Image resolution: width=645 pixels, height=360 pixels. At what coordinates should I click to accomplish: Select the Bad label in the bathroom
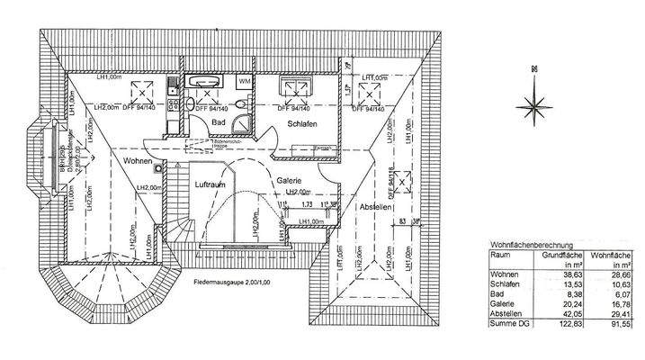219,121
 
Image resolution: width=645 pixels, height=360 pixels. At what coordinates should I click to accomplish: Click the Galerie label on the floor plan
289,180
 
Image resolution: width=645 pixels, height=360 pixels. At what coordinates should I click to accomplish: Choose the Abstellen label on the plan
375,208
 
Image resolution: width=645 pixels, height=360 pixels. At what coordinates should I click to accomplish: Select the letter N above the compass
533,69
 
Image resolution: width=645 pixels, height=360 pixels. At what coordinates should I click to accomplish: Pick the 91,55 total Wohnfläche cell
622,325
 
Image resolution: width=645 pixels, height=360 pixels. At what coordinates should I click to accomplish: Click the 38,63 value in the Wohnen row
575,274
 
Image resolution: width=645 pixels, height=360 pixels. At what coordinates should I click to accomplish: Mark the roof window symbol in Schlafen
293,88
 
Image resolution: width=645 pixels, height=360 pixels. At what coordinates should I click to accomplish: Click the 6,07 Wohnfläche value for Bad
623,294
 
